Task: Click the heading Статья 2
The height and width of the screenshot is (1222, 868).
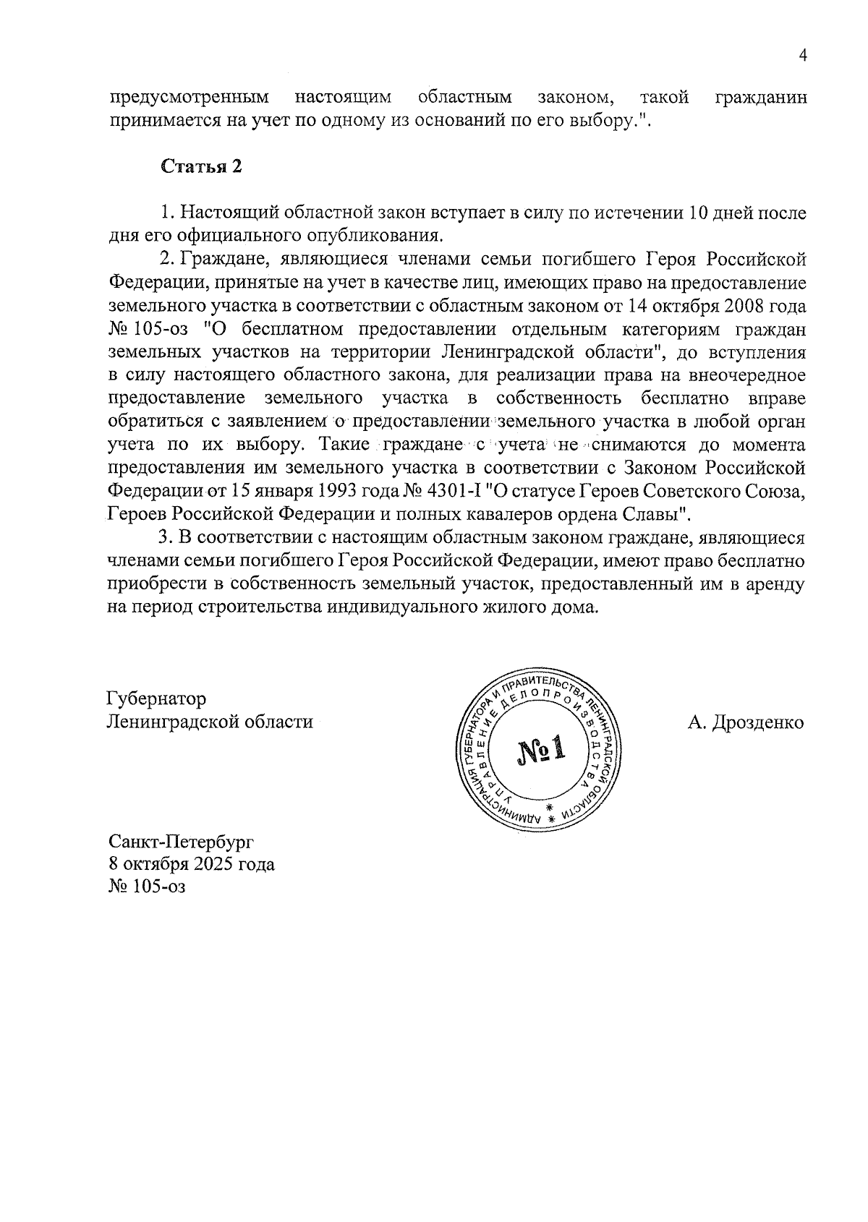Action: (200, 166)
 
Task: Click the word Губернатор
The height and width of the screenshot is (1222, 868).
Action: (156, 699)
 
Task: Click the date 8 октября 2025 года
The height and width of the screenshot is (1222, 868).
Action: (191, 864)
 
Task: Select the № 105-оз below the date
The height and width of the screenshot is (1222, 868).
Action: (147, 886)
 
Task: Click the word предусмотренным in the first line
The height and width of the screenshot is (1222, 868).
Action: (189, 97)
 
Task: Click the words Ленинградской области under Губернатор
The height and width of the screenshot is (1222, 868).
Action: (210, 722)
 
